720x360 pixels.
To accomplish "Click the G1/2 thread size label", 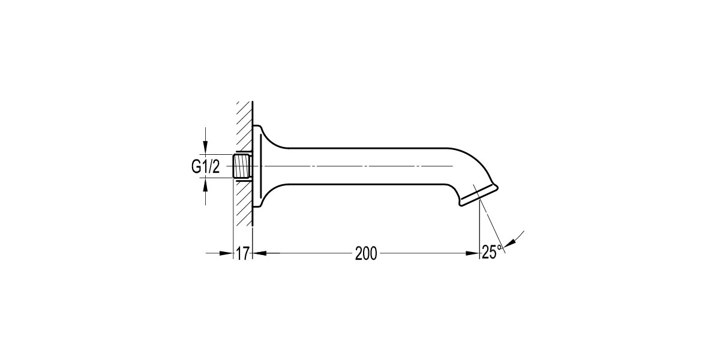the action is click(206, 167).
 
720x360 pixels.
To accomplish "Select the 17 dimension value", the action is click(242, 254).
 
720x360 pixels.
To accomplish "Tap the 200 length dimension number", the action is click(366, 254).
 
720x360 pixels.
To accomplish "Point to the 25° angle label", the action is click(492, 252).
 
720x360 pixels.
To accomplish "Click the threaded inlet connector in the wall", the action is click(242, 166).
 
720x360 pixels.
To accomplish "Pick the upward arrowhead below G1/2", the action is click(206, 184).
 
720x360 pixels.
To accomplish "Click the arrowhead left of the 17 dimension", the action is click(226, 253).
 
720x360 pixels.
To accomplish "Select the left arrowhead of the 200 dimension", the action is click(260, 253).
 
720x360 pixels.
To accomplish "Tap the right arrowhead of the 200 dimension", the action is click(473, 253).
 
